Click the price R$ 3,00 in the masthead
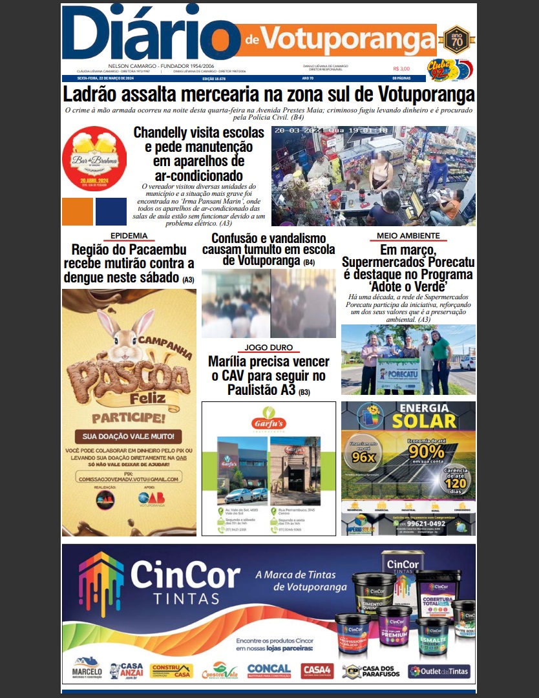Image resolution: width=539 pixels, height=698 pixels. (401, 69)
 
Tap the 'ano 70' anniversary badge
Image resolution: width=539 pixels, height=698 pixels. (457, 40)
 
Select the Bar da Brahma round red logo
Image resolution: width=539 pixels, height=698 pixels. (94, 158)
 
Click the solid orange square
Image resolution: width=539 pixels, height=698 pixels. (78, 211)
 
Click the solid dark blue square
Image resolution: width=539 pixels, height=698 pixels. (111, 211)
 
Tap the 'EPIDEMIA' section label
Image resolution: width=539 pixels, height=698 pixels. (129, 236)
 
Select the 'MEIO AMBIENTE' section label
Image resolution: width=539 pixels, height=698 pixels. (408, 236)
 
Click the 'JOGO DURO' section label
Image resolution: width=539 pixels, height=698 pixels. (268, 348)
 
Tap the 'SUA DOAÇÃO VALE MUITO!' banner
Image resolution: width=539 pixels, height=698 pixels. (128, 436)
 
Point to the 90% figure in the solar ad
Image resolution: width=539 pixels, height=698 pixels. (427, 450)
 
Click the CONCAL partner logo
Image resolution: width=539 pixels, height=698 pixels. (269, 670)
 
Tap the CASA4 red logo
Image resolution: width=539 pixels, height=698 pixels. (317, 670)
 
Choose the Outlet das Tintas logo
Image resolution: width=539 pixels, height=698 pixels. (439, 671)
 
